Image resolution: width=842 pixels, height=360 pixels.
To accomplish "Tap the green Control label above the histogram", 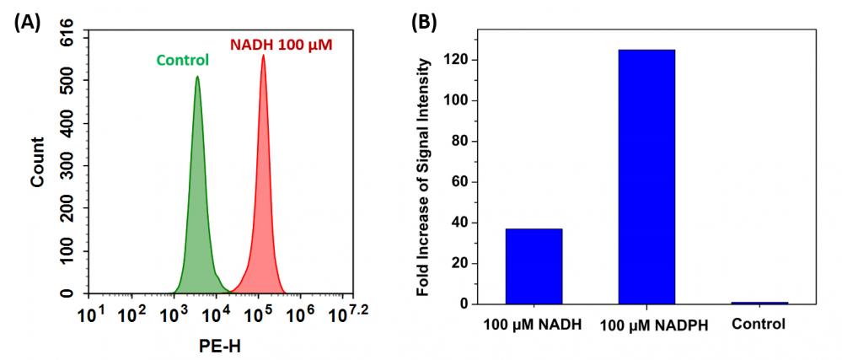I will tap(182, 60).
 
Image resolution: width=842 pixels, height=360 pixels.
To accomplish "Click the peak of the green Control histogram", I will tap(196, 78).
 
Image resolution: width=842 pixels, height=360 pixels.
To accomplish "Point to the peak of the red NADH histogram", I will tap(263, 56).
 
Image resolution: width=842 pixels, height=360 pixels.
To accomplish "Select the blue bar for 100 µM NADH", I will tap(534, 266).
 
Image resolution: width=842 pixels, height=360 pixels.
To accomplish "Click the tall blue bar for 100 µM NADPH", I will tap(646, 176).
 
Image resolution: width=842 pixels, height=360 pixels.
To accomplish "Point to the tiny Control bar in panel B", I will tap(759, 302).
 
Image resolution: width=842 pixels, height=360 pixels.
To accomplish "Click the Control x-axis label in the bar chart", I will tap(759, 324).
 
